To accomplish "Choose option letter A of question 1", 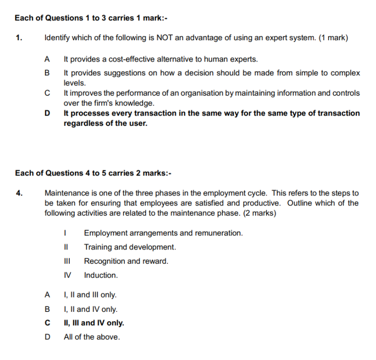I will click(x=47, y=60).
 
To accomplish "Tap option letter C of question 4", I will click(x=47, y=323).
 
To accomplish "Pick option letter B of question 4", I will click(x=47, y=309).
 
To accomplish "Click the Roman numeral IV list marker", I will click(x=68, y=275).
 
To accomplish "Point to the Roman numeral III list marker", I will click(x=68, y=261).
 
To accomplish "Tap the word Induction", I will click(x=101, y=275).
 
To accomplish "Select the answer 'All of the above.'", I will click(x=92, y=337).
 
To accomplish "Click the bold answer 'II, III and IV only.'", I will click(x=94, y=323).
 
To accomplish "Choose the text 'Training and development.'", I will click(x=130, y=247).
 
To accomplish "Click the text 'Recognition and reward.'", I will click(x=126, y=261).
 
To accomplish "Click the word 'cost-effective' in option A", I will click(x=131, y=60).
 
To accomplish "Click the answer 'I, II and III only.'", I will click(x=90, y=295).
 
